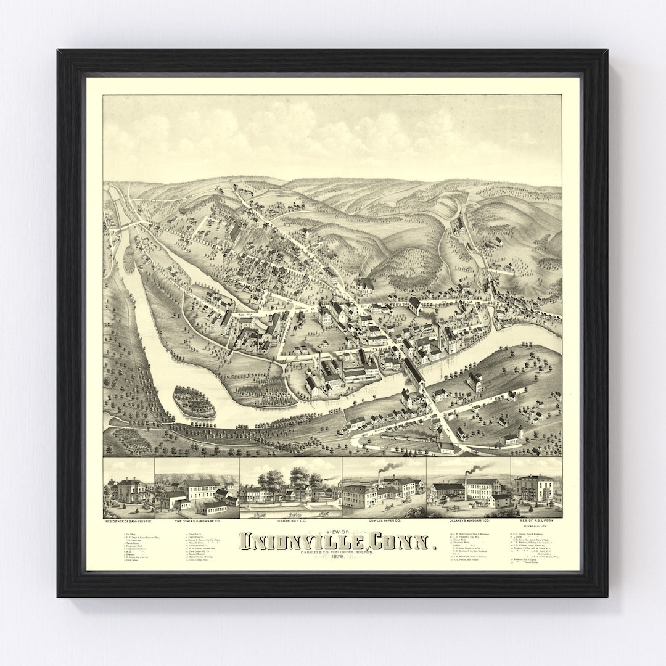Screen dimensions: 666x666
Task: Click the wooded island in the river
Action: click(x=194, y=401)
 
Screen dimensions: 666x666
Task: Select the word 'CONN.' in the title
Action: click(x=405, y=541)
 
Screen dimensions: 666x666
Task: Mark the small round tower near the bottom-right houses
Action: click(x=521, y=432)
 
